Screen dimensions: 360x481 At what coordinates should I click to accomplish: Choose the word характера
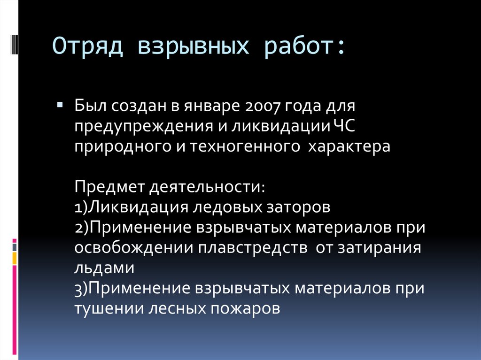pyautogui.click(x=349, y=146)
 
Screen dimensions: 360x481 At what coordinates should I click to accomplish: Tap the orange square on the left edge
pyautogui.click(x=15, y=258)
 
